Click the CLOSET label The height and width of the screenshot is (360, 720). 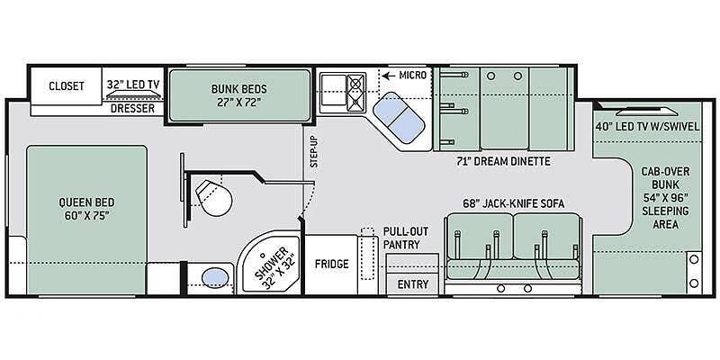pos(67,85)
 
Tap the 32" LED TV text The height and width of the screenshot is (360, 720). pos(133,85)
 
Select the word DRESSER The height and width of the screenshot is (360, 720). pos(132,109)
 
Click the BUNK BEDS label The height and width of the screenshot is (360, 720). pos(238,95)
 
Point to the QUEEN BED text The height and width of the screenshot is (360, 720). pos(86,209)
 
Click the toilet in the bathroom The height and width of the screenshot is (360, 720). pos(213,197)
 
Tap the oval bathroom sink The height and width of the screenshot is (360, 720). pos(215,277)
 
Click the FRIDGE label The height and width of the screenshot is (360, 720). pos(331,264)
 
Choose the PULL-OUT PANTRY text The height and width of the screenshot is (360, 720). pos(401,238)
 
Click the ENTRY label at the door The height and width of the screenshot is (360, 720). pos(413,284)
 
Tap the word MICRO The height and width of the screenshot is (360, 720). pos(413,75)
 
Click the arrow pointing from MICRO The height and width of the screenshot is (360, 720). pos(389,75)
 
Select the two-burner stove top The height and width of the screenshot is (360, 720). pos(356,93)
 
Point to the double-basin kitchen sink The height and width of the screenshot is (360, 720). pos(398,117)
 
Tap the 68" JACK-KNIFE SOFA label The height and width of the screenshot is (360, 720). pos(513,203)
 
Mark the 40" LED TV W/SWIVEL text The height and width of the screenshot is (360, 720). pos(648,126)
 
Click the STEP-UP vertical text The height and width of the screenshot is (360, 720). pos(313,151)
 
